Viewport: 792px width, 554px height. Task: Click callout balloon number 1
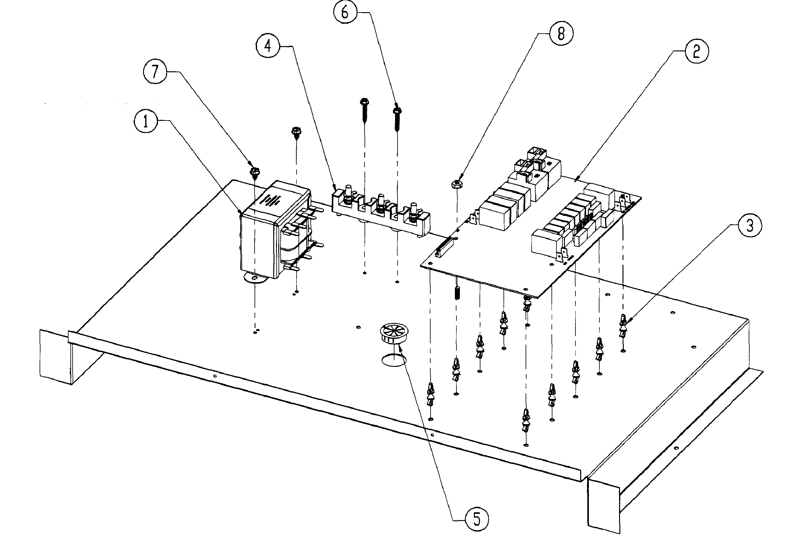(x=146, y=122)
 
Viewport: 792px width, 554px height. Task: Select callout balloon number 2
(x=696, y=51)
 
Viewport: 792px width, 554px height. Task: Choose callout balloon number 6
(x=345, y=12)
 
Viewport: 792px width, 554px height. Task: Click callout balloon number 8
(x=561, y=34)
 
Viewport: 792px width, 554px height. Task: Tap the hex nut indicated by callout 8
(x=457, y=184)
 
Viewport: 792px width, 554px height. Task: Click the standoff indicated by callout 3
(x=623, y=325)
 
